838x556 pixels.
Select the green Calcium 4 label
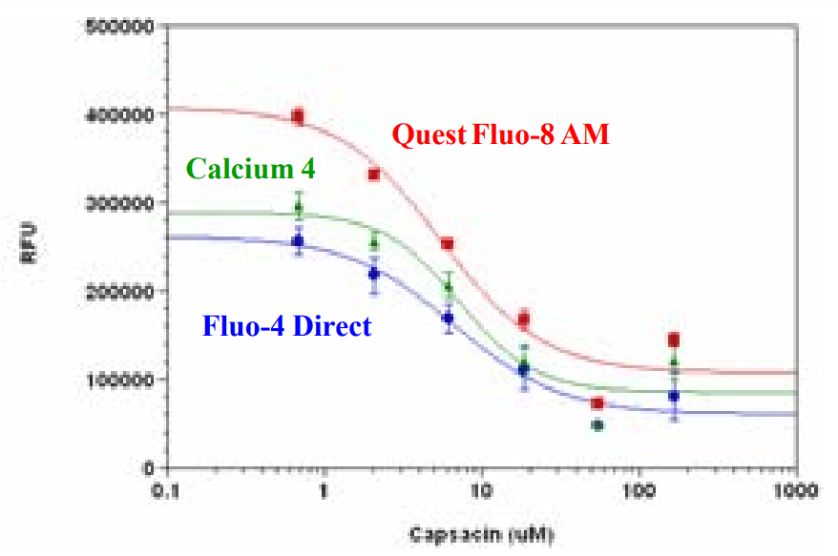(x=252, y=170)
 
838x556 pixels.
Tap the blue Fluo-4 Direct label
(x=286, y=326)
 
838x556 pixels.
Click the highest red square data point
(x=299, y=117)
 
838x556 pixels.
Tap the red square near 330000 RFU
(x=374, y=175)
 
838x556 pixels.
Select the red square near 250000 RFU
(x=448, y=244)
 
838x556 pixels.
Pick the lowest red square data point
(x=597, y=403)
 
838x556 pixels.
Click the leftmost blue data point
(x=299, y=242)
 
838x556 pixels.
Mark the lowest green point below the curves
(x=597, y=425)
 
